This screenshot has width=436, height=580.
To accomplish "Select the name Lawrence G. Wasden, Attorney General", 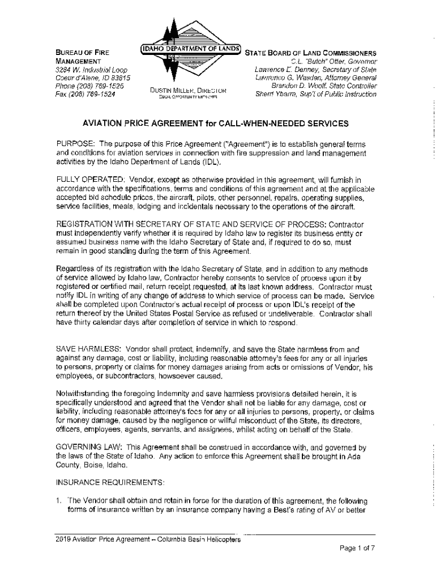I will point(315,77).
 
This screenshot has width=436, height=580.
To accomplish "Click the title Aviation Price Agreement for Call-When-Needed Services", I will point(216,123).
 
